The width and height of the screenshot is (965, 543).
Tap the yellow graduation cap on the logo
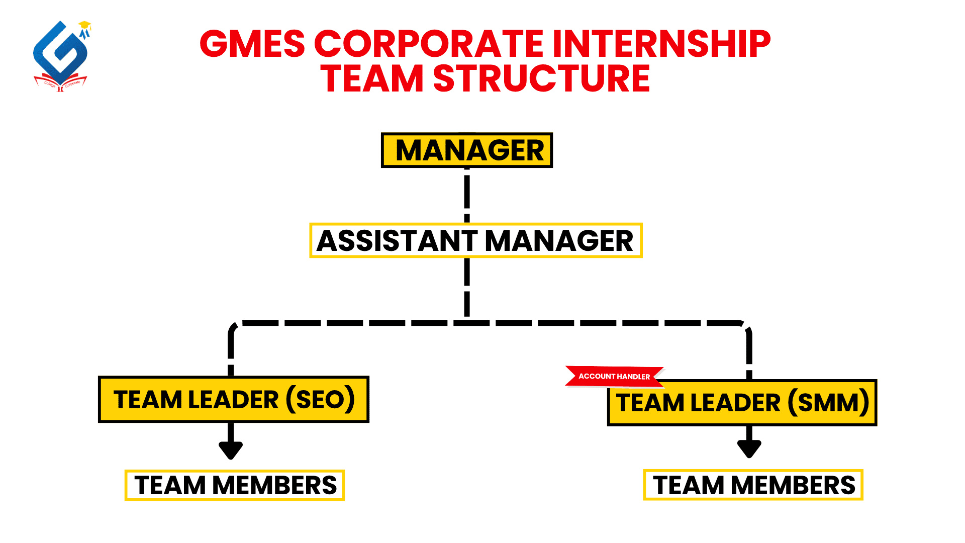click(85, 24)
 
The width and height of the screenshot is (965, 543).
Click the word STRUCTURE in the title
click(542, 78)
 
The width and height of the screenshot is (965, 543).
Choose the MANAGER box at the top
click(467, 150)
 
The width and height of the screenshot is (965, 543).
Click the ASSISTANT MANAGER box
click(476, 240)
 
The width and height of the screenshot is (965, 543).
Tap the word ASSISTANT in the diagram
click(397, 240)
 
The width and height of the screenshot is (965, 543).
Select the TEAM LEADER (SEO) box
click(234, 399)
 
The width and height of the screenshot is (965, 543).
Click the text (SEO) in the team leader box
click(321, 400)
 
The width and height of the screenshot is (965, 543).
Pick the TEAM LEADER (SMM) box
click(742, 403)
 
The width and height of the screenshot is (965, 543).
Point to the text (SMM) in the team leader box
click(828, 403)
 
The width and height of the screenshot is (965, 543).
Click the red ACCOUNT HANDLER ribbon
click(614, 377)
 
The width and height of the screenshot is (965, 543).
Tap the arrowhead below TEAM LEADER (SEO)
click(231, 449)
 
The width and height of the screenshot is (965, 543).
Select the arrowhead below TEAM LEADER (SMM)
click(749, 448)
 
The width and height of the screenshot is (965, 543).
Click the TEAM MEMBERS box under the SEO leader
click(235, 485)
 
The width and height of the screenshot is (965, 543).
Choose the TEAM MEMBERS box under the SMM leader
click(753, 485)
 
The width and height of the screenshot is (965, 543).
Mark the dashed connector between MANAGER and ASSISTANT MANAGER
click(467, 195)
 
